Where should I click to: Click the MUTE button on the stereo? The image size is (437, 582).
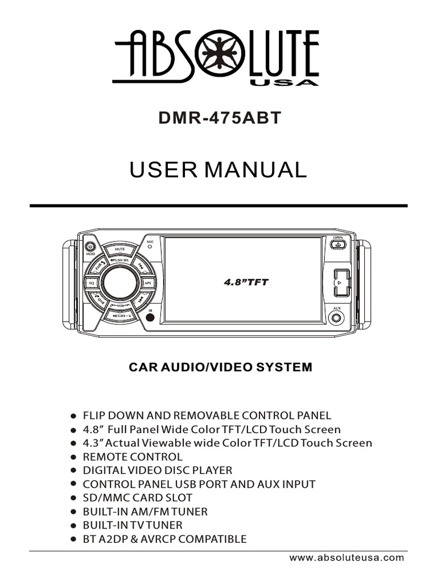pos(119,249)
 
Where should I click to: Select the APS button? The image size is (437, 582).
pos(147,282)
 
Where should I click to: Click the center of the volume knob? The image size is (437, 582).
pos(119,282)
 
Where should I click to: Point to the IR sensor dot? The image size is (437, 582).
pos(150,317)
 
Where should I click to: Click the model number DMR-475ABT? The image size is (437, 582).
pos(218,119)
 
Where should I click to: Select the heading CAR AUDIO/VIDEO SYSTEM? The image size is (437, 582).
pos(221,367)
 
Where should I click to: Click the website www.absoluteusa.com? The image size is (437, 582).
pos(347,558)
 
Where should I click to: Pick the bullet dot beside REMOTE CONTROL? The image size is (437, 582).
pos(73,457)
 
